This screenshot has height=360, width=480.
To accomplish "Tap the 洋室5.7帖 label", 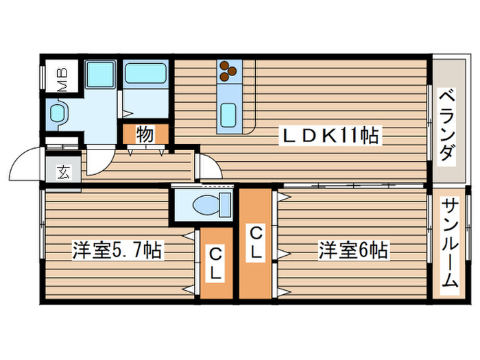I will pyautogui.click(x=117, y=250).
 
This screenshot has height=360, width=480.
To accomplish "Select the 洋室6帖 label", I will pyautogui.click(x=352, y=250).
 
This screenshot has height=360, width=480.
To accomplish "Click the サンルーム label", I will pyautogui.click(x=449, y=243).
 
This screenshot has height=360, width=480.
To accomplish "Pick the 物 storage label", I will pyautogui.click(x=144, y=134).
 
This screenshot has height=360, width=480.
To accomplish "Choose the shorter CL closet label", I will pyautogui.click(x=215, y=264).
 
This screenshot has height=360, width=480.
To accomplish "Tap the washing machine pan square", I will pyautogui.click(x=99, y=75).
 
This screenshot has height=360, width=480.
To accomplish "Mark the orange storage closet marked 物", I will pyautogui.click(x=145, y=134).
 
